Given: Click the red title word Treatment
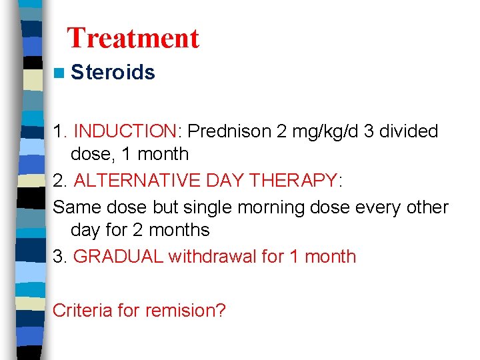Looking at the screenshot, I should click(133, 38).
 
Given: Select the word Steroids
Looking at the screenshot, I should click(113, 73).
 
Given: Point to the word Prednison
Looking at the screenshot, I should click(226, 131).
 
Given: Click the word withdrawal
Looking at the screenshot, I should click(213, 257).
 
